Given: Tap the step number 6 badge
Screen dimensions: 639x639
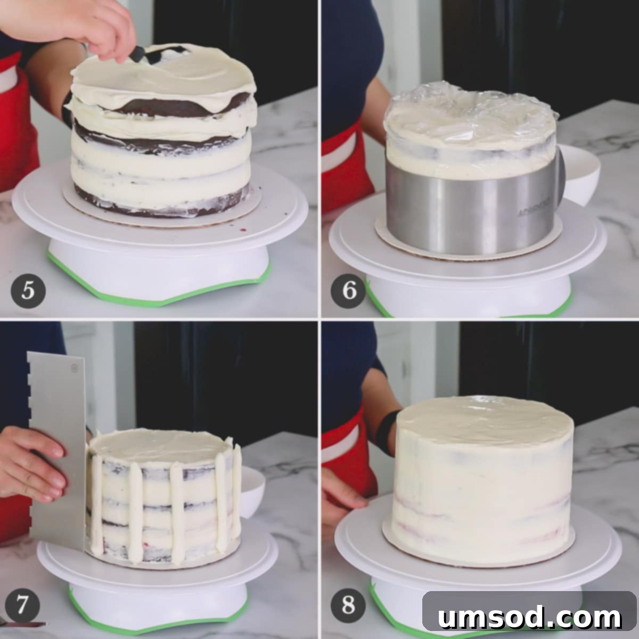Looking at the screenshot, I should (348, 290).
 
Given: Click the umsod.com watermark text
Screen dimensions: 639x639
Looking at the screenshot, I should (530, 618).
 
